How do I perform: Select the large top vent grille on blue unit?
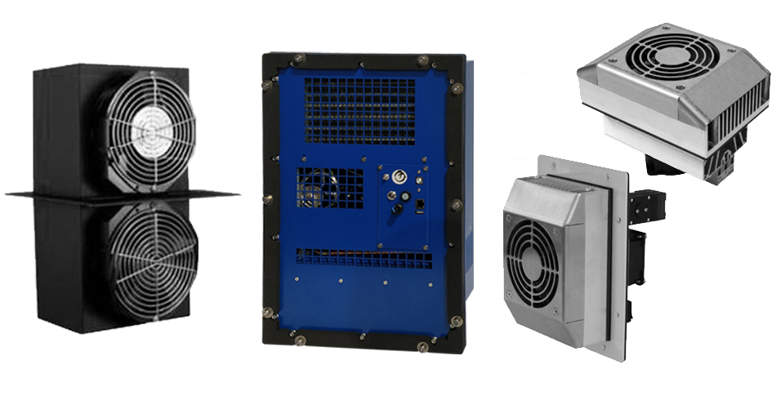pyautogui.click(x=359, y=111)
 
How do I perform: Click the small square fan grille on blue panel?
pyautogui.click(x=330, y=187)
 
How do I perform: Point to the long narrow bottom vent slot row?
pyautogui.click(x=364, y=259)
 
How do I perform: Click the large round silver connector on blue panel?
pyautogui.click(x=399, y=176)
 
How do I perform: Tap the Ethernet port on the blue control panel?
pyautogui.click(x=420, y=203)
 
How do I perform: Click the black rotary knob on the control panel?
pyautogui.click(x=397, y=209)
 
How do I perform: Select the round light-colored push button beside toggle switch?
pyautogui.click(x=405, y=197)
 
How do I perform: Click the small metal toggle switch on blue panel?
pyautogui.click(x=391, y=195)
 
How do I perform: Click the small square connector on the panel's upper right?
pyautogui.click(x=419, y=180)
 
